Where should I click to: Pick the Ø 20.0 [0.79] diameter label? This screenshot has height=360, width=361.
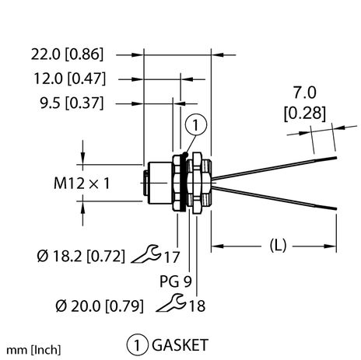point(71,306)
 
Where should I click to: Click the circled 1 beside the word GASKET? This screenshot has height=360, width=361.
point(135,343)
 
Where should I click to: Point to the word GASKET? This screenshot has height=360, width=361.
point(178,343)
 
